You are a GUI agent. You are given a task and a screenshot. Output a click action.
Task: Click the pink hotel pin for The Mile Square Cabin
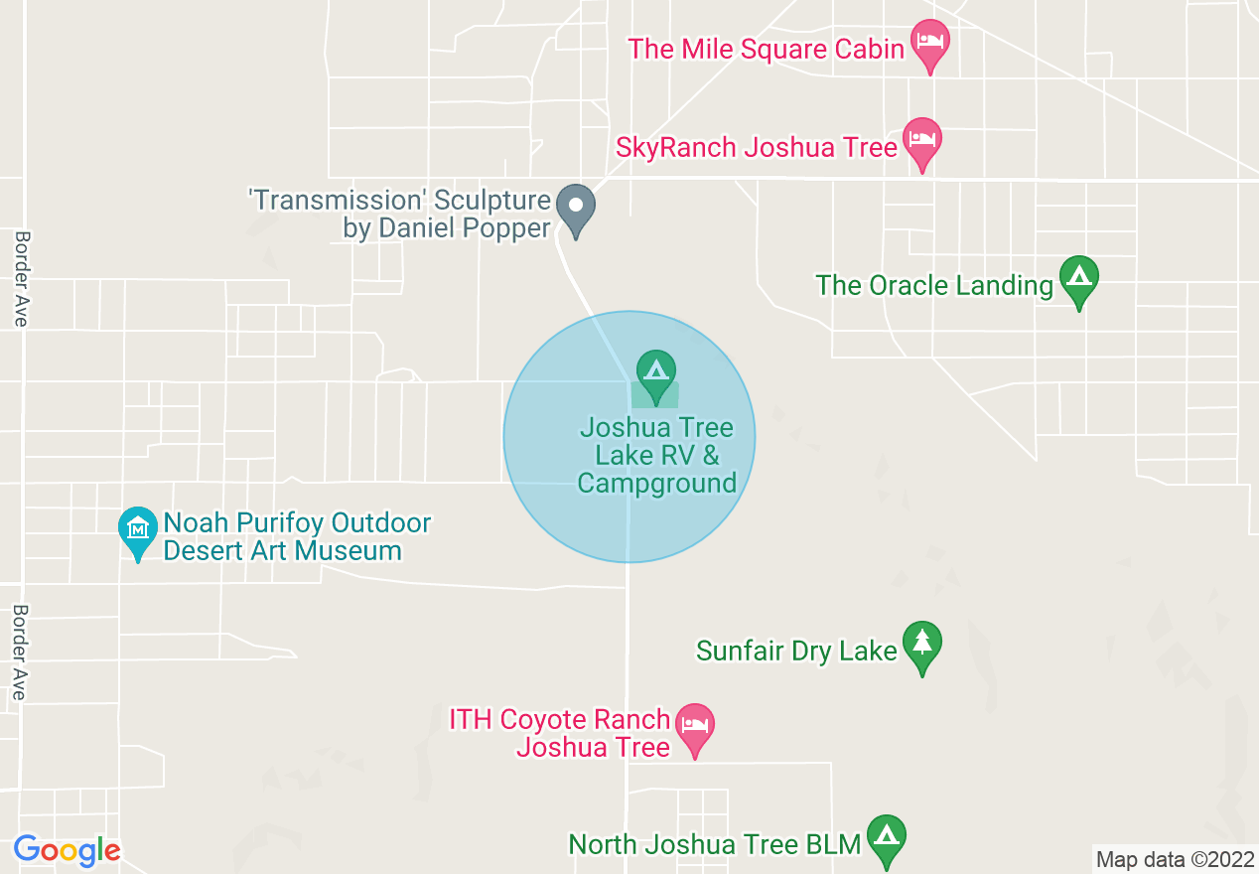click(930, 43)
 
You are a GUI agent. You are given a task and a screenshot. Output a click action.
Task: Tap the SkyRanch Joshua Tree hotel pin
click(922, 141)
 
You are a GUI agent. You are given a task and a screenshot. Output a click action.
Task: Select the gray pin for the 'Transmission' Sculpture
click(575, 208)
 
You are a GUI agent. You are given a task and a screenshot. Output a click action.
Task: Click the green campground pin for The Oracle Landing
click(1079, 279)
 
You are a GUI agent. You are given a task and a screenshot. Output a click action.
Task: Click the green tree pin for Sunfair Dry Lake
click(922, 645)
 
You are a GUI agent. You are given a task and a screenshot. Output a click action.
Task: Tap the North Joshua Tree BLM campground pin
click(886, 838)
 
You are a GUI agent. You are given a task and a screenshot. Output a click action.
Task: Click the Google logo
click(67, 851)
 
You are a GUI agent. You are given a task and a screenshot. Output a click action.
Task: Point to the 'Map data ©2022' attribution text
click(1174, 859)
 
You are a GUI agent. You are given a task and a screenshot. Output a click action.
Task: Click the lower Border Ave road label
click(19, 652)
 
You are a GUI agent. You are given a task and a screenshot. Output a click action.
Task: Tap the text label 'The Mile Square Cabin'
click(766, 49)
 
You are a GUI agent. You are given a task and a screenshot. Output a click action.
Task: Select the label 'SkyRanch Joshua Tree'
click(757, 148)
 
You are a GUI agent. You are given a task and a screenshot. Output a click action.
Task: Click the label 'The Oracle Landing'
click(933, 286)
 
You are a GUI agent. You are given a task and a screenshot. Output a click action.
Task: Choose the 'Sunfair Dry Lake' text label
click(796, 652)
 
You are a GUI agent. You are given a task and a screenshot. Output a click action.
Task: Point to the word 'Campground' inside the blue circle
click(656, 484)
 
